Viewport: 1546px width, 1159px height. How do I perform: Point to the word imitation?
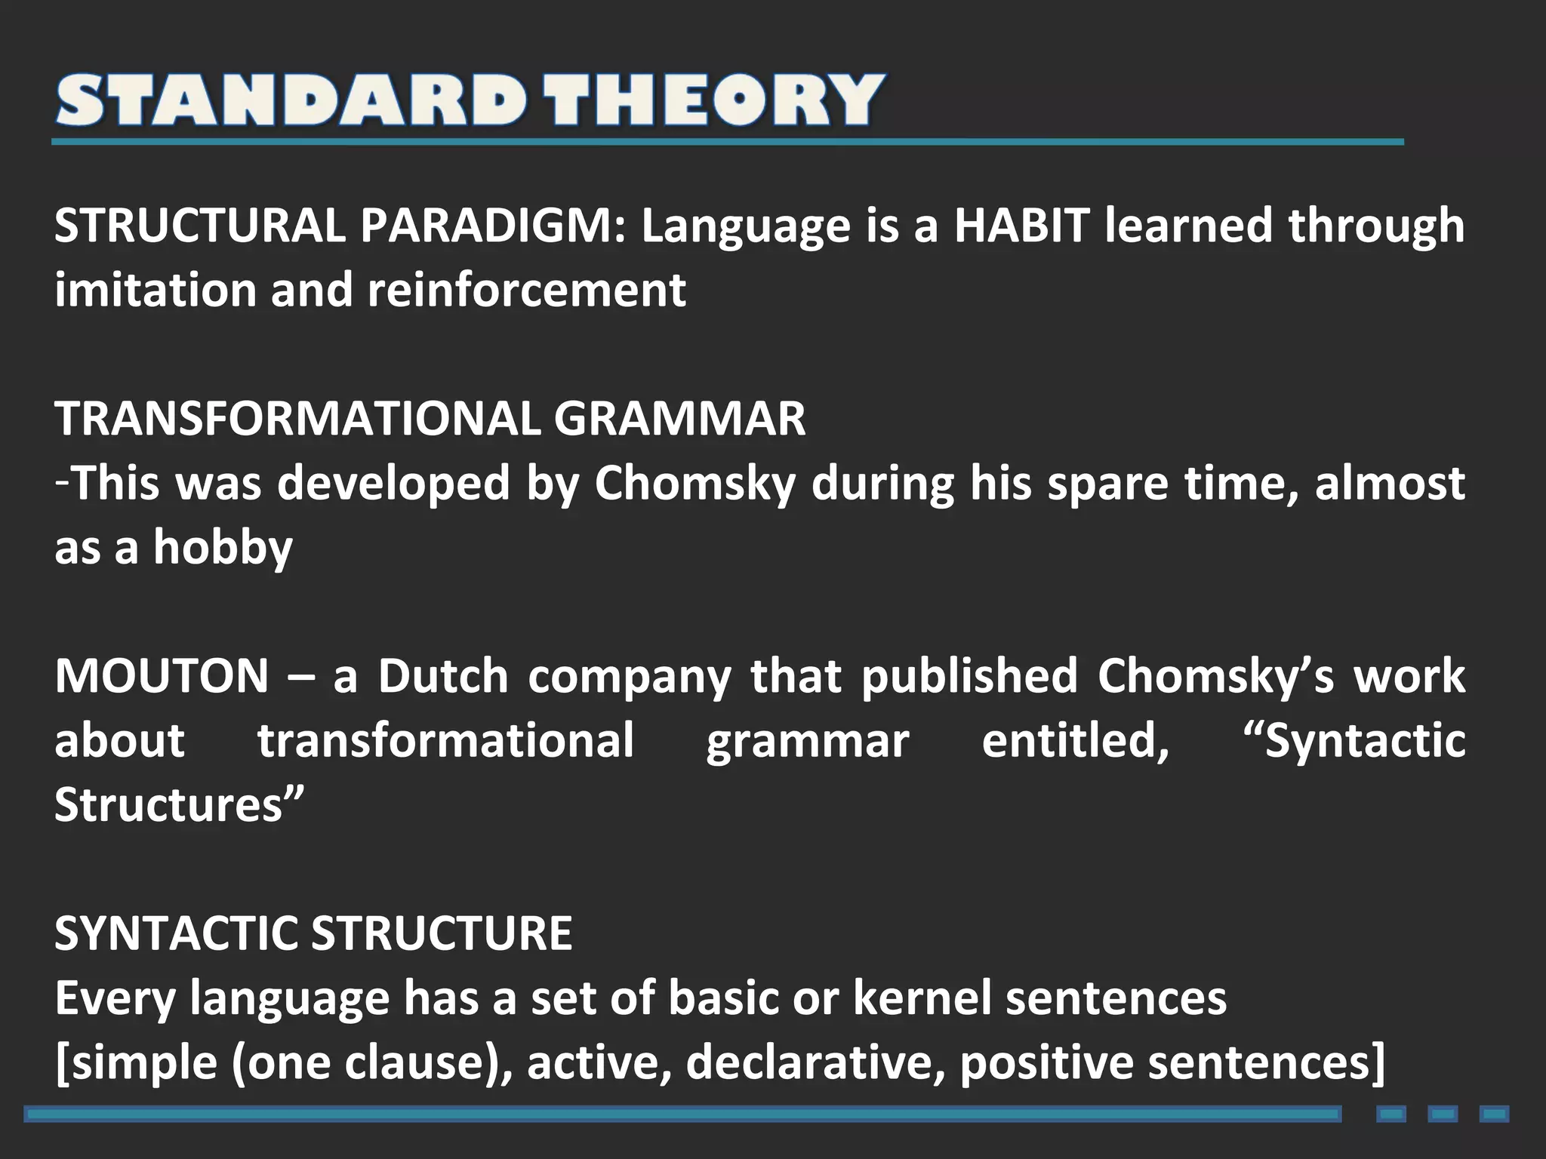pyautogui.click(x=156, y=290)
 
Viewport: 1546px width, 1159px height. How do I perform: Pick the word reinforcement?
pyautogui.click(x=527, y=290)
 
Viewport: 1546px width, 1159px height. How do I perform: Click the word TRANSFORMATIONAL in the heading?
pyautogui.click(x=297, y=419)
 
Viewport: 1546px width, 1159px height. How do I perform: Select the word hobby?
pyautogui.click(x=223, y=548)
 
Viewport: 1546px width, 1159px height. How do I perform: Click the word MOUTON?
pyautogui.click(x=162, y=676)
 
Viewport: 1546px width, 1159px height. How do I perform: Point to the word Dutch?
pyautogui.click(x=443, y=676)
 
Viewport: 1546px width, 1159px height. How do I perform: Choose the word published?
pyautogui.click(x=969, y=676)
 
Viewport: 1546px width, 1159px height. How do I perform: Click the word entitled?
pyautogui.click(x=1075, y=741)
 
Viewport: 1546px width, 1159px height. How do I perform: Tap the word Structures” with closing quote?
pyautogui.click(x=179, y=805)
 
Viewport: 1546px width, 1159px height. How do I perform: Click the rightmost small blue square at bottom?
pyautogui.click(x=1494, y=1114)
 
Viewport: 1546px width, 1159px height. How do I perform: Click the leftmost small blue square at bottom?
pyautogui.click(x=1391, y=1114)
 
